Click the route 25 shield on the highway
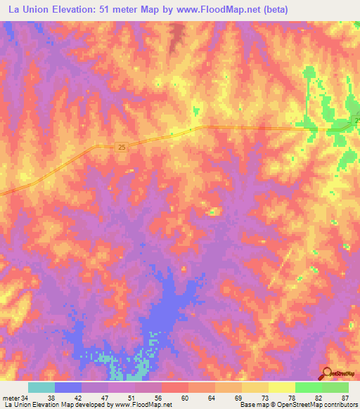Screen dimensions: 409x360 coord(122,147)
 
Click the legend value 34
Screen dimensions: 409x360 coord(25,398)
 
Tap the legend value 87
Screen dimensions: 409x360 coord(345,398)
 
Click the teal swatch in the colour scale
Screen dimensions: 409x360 coord(41,387)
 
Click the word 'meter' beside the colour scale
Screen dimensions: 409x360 coord(11,398)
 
